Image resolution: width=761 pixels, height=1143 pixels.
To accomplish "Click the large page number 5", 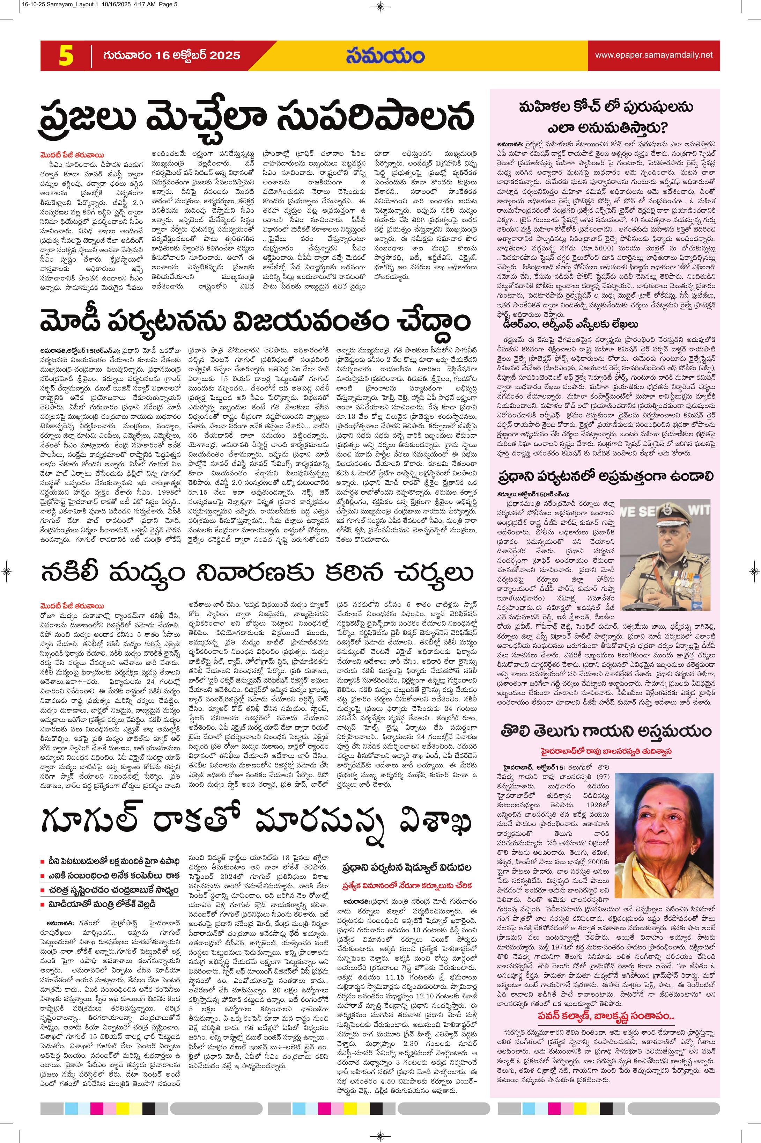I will (x=66, y=56).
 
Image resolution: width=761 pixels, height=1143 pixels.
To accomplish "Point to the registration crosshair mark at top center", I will (x=380, y=7).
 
